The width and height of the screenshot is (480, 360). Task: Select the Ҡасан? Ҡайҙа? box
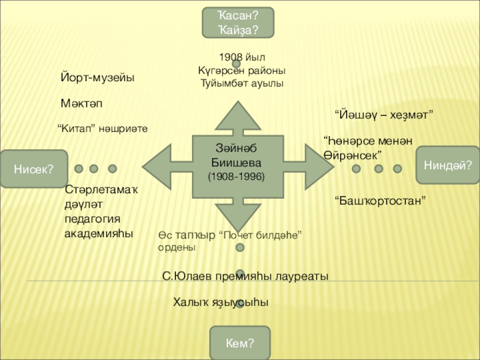[237, 22]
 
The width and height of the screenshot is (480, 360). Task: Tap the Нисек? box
[34, 169]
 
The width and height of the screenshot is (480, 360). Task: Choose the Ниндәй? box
[444, 164]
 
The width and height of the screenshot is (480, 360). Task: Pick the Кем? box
[239, 343]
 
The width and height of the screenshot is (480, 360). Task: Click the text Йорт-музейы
[97, 78]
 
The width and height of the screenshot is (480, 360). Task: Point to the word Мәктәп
[82, 104]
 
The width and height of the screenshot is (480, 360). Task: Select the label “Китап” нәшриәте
[103, 128]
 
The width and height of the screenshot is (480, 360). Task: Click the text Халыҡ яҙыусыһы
[220, 302]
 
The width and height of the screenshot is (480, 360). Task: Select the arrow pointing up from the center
[236, 117]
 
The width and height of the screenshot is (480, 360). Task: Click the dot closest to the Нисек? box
[79, 169]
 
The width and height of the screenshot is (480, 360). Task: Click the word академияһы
[99, 232]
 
